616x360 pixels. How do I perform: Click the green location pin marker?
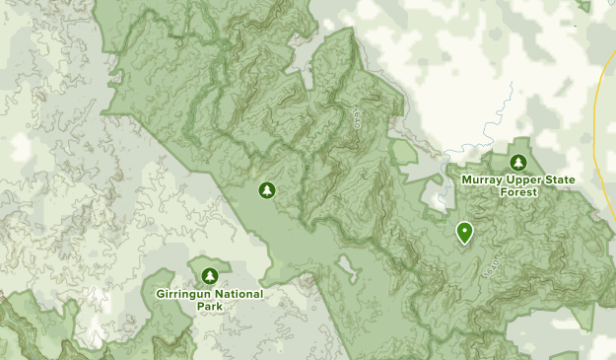[x=464, y=232]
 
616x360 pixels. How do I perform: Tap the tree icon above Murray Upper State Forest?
[x=518, y=163]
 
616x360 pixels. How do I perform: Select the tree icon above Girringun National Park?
[x=209, y=275]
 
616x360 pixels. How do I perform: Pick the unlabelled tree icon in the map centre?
[x=265, y=189]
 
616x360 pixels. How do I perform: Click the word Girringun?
[x=183, y=294]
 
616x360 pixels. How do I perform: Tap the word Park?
[x=209, y=307]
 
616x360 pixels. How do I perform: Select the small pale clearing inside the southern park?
[x=347, y=266]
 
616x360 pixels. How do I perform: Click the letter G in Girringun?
[x=160, y=294]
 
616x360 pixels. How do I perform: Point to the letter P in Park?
[x=197, y=307]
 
